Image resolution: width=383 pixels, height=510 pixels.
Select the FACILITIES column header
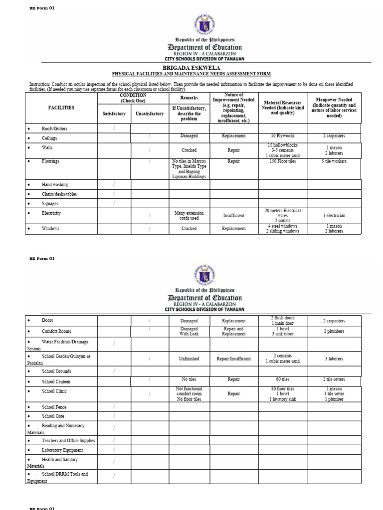point(61,108)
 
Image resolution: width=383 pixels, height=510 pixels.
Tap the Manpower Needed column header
point(334,108)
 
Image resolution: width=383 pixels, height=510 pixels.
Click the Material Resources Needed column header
point(283,108)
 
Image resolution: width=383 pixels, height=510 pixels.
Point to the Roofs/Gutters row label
point(54,128)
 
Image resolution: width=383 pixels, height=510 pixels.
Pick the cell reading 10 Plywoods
point(283,136)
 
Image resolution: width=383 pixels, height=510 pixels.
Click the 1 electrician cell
point(334,216)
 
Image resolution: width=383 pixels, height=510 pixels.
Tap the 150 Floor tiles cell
point(283,161)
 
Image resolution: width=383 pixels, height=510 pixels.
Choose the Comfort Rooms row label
point(56,331)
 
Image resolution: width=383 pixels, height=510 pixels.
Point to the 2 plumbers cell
point(334,331)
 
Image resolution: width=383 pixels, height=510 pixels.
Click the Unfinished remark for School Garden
point(189,359)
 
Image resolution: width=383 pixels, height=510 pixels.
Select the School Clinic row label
point(54,391)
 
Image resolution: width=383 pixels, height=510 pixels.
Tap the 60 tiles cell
point(283,380)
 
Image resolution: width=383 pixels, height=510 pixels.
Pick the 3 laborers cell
point(334,359)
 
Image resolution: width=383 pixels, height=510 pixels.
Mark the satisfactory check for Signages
point(114,203)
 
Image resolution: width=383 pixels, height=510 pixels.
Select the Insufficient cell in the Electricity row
point(234,216)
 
